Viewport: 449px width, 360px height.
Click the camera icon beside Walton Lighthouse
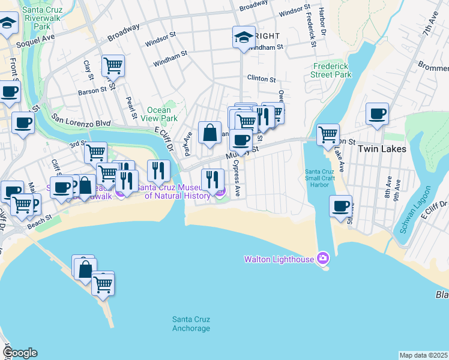pos(324,259)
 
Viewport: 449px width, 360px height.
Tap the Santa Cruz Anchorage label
pos(191,323)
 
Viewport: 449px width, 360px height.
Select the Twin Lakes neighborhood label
pos(382,148)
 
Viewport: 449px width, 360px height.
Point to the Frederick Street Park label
pos(331,71)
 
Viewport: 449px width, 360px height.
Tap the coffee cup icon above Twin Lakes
pos(377,113)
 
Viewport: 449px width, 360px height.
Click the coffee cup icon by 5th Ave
pos(340,206)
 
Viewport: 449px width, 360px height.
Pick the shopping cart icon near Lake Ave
pos(328,134)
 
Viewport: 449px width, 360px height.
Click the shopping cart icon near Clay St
pos(112,65)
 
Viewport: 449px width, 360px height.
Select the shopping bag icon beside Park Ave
pos(210,133)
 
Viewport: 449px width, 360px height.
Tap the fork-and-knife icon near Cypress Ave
pos(212,179)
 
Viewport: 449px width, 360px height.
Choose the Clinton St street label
pos(261,79)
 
